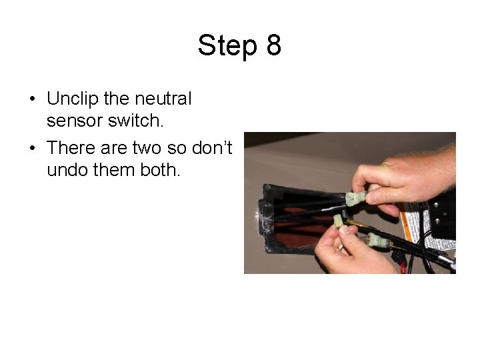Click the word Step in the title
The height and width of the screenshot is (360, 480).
click(227, 45)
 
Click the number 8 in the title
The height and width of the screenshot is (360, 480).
click(274, 45)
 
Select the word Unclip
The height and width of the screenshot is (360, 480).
click(73, 99)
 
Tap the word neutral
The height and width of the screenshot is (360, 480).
click(163, 99)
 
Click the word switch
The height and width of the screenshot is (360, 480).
click(135, 120)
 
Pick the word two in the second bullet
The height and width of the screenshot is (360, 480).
click(147, 148)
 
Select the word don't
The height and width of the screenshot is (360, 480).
click(212, 147)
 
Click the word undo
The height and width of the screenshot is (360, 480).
click(68, 169)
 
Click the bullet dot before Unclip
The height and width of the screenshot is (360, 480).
click(33, 99)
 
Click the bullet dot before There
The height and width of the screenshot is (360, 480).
click(33, 148)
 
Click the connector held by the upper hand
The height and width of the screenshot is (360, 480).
click(355, 198)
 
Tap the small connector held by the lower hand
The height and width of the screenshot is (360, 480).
click(338, 221)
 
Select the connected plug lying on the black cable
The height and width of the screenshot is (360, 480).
click(379, 241)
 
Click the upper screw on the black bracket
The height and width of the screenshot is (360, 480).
click(436, 205)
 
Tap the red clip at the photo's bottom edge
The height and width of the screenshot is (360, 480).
click(403, 269)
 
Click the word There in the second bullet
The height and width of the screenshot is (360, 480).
click(71, 147)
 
